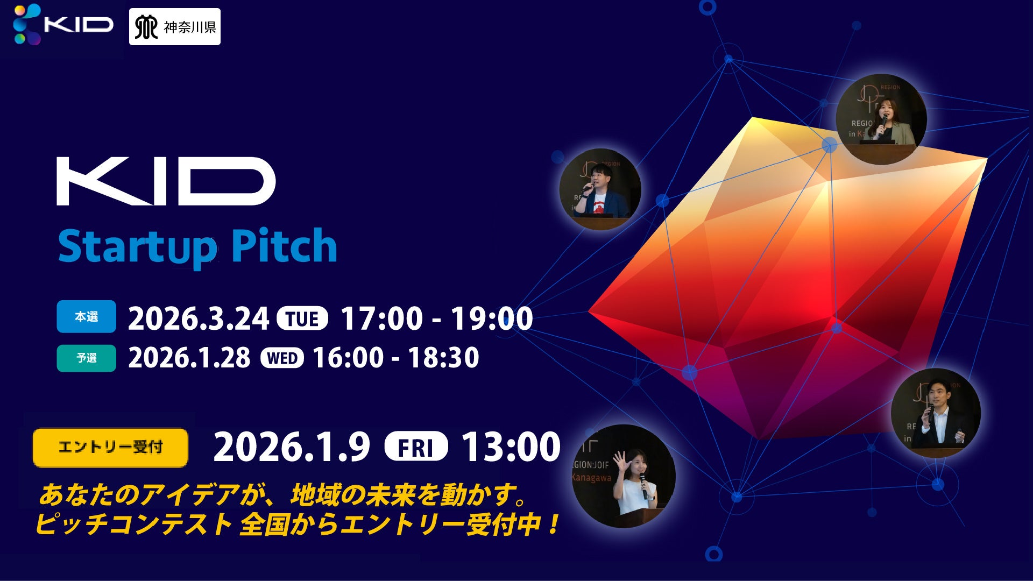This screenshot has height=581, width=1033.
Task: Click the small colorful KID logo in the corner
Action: click(63, 24)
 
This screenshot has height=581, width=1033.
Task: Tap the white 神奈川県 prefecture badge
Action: click(175, 27)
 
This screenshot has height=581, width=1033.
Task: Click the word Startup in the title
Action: click(138, 247)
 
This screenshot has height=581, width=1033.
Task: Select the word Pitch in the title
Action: click(284, 246)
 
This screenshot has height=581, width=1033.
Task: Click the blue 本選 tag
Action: click(87, 316)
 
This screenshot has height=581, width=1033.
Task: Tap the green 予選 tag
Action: click(87, 358)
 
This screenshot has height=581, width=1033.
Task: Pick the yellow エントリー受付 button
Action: click(110, 448)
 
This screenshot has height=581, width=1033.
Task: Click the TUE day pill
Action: click(302, 318)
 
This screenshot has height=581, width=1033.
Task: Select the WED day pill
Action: click(282, 358)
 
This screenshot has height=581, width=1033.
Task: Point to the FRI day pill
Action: click(416, 447)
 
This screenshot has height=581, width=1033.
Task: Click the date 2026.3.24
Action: click(199, 318)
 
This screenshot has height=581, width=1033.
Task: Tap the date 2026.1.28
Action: click(189, 358)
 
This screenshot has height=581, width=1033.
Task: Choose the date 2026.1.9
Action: click(292, 447)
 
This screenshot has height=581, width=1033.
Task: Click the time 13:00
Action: click(511, 447)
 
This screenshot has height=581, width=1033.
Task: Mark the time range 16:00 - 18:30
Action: click(396, 358)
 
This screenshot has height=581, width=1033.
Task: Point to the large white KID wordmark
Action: click(166, 181)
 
